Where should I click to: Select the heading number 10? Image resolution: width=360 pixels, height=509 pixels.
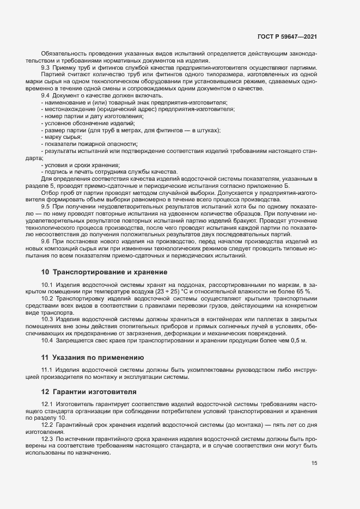(45, 272)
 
